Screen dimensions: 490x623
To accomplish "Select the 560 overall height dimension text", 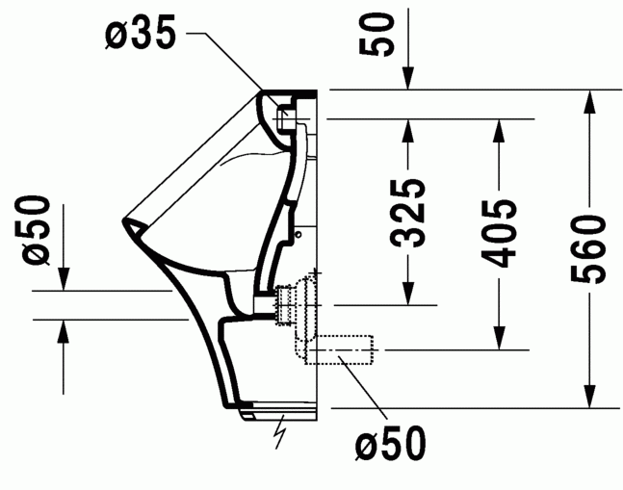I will coord(588,249).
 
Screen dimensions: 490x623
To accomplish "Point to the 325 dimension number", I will coord(409,214).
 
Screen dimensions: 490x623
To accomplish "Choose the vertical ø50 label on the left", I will coord(36,230).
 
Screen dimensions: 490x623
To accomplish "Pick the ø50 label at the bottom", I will coord(389,445).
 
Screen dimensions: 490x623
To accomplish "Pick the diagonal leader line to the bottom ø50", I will coord(360,394).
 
